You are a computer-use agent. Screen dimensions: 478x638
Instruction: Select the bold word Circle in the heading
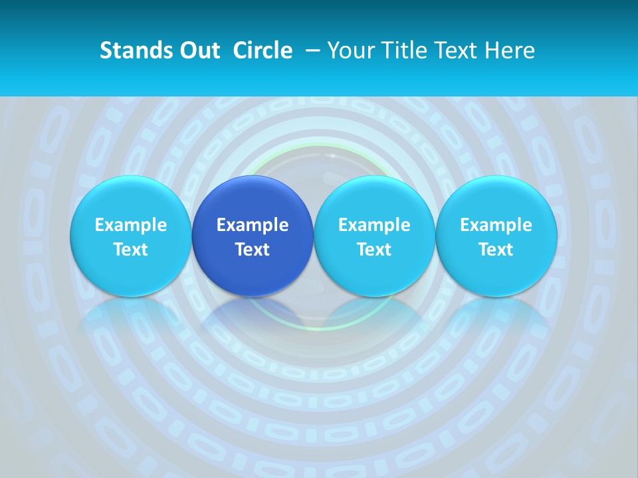coord(263,50)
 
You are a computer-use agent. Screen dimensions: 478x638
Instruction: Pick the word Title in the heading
coord(399,50)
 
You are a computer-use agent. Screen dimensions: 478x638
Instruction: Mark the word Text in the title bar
coord(454,50)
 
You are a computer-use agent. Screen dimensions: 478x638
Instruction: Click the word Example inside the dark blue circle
coord(253,225)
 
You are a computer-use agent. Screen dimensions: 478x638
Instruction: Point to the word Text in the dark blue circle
coord(253,250)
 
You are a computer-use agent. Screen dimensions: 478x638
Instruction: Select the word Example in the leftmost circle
coord(130,225)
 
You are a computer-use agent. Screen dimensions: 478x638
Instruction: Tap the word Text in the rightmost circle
coord(496,250)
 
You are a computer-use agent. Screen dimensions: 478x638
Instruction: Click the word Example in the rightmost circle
coord(496,225)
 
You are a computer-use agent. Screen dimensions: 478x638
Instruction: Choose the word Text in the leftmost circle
coord(130,250)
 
